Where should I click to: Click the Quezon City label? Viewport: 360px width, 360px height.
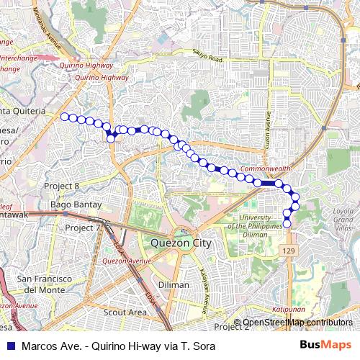pos(182,243)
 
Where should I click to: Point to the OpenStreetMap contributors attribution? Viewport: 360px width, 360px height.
pos(297,323)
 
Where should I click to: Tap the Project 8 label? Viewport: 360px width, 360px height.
pos(61,186)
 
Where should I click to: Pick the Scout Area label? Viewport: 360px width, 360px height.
pos(125,312)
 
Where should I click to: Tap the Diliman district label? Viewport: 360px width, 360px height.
pos(173,284)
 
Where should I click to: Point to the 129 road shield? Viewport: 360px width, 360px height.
pos(289,249)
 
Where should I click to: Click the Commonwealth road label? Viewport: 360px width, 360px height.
pos(265,168)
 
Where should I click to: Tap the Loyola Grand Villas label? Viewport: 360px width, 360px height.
pos(345,219)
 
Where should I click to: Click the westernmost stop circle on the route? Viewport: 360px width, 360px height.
pos(64,116)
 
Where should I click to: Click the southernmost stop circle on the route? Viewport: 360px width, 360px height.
pos(287,224)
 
